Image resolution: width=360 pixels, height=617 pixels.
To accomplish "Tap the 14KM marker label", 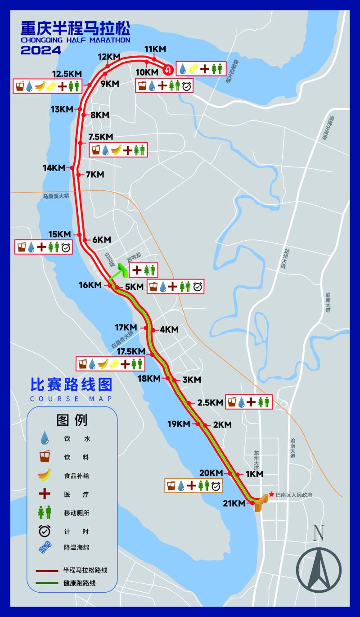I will pos(54,168).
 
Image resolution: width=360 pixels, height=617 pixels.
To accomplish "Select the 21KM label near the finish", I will pos(234,504).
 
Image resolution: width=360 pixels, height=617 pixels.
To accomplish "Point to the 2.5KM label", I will pos(210,402).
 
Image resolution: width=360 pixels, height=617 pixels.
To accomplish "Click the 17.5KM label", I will pos(130,351).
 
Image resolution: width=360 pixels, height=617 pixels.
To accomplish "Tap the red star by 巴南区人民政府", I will pos(271,495).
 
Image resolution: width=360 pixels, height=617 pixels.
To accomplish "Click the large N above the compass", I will pos(319,533).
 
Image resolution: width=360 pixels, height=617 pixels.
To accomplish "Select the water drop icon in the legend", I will pos(45,438).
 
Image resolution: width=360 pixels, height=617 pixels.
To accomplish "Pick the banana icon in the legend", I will pos(45,475).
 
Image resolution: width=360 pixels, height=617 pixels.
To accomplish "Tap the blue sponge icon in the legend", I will pos(45,548).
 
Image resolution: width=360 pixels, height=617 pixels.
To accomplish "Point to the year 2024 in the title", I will pos(41,50).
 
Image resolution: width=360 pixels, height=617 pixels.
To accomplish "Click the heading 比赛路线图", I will pos(71,385).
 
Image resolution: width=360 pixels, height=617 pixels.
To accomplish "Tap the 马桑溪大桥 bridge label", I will pos(56,196).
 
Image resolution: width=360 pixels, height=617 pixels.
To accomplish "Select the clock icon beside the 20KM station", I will pos(216,486).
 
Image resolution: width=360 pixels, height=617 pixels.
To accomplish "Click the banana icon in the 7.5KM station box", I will pos(117,150).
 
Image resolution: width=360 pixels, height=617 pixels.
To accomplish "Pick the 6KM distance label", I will pos(101,240).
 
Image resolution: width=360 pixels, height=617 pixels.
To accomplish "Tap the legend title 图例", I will pos(72,420).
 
